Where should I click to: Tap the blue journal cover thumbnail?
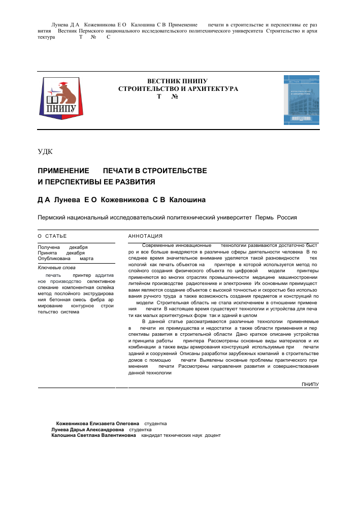coord(301,100)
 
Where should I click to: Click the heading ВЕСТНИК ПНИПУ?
coord(177,81)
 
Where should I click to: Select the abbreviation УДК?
coord(45,151)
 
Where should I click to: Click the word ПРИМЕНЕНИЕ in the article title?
coord(63,171)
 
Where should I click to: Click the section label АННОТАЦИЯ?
coord(145,236)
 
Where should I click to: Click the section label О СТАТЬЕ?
coord(52,236)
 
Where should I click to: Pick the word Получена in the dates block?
coord(49,247)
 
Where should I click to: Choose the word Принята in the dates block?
coord(48,252)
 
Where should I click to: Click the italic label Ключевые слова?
coord(57,267)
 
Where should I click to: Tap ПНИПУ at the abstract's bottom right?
coord(310,384)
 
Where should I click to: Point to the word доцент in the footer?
coord(213,435)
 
